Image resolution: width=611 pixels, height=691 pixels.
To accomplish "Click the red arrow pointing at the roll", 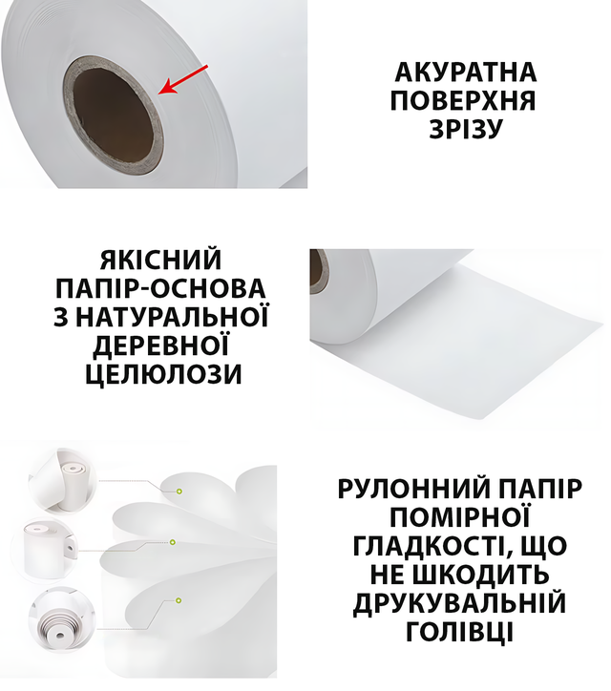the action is (x=183, y=80).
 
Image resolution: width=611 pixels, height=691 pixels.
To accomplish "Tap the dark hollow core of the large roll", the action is (x=113, y=116).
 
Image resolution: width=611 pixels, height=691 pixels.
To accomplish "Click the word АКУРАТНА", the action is (x=466, y=73).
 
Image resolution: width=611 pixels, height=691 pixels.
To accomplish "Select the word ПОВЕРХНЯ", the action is (x=463, y=100).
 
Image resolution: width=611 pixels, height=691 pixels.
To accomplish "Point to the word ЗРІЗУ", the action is (x=466, y=129).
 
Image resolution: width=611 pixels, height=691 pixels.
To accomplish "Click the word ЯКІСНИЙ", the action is (x=160, y=260).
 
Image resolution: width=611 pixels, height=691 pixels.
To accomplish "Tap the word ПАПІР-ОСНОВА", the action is (x=160, y=288).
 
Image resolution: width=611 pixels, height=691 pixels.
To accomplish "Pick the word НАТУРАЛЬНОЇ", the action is (x=172, y=317).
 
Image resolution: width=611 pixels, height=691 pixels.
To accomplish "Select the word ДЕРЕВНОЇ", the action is (x=161, y=345).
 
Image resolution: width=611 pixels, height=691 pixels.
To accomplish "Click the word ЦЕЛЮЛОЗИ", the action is (x=163, y=374).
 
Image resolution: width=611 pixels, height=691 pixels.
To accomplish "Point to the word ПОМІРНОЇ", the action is (x=460, y=517).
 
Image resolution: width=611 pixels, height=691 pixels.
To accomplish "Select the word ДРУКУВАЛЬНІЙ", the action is (x=459, y=603).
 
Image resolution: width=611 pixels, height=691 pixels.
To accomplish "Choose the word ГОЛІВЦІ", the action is (x=460, y=632).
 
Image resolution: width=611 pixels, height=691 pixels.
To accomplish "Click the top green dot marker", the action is (x=179, y=491).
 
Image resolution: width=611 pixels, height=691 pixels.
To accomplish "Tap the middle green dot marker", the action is (x=173, y=542).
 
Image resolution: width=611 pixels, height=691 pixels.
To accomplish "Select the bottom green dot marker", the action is (x=179, y=600).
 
